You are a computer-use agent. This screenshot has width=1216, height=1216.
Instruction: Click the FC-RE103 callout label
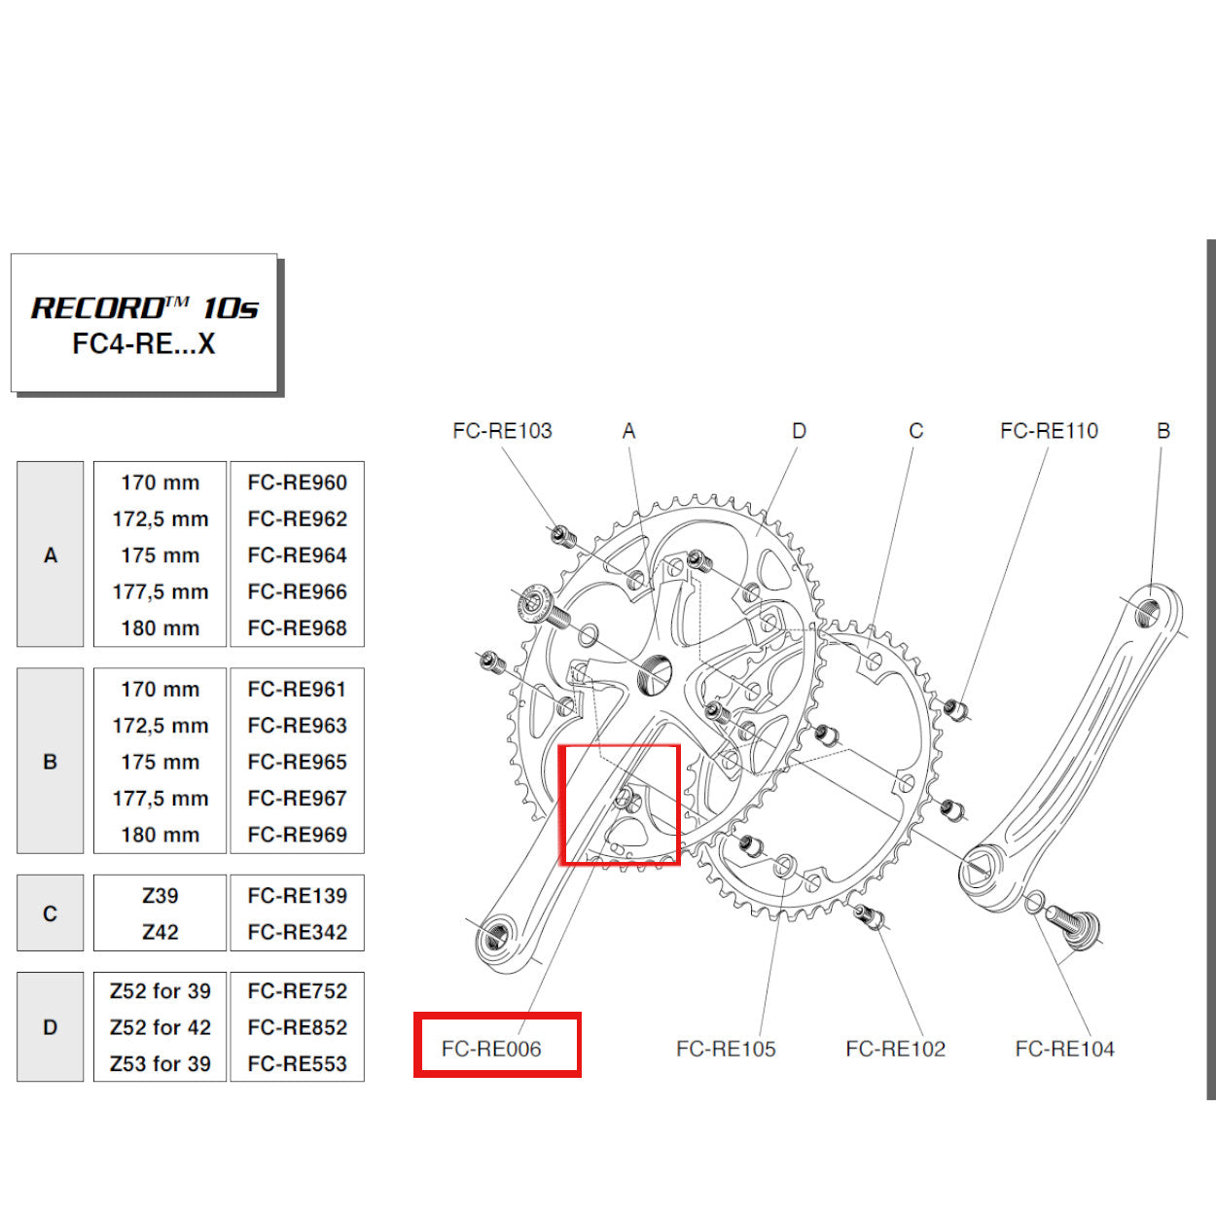click(502, 431)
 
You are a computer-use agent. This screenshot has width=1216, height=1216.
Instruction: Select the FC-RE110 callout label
click(1049, 431)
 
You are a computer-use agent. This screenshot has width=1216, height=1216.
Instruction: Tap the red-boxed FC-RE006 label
click(491, 1049)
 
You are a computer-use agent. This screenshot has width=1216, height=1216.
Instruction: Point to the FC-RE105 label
click(726, 1049)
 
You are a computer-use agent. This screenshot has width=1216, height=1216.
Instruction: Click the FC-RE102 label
click(895, 1049)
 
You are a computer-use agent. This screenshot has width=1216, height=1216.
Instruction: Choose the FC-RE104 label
click(1064, 1049)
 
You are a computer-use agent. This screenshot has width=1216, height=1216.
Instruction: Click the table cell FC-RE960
click(297, 483)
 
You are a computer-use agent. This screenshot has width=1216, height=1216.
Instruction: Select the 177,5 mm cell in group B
click(161, 799)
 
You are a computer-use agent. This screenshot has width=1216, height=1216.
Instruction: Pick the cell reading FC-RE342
click(297, 932)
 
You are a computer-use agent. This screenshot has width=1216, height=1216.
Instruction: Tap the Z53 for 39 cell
click(161, 1063)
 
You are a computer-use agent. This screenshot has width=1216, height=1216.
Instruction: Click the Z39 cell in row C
click(161, 896)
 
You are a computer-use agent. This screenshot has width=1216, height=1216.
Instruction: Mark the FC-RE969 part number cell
click(297, 835)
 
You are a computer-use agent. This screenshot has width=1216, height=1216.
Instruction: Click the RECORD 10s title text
click(145, 308)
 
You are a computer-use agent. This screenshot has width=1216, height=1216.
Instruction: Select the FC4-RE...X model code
click(144, 343)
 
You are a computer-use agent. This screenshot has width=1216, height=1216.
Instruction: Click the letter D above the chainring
click(799, 431)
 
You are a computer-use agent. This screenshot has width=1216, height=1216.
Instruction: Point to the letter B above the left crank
click(1163, 431)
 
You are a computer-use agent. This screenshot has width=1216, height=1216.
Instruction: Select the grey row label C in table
click(51, 913)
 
